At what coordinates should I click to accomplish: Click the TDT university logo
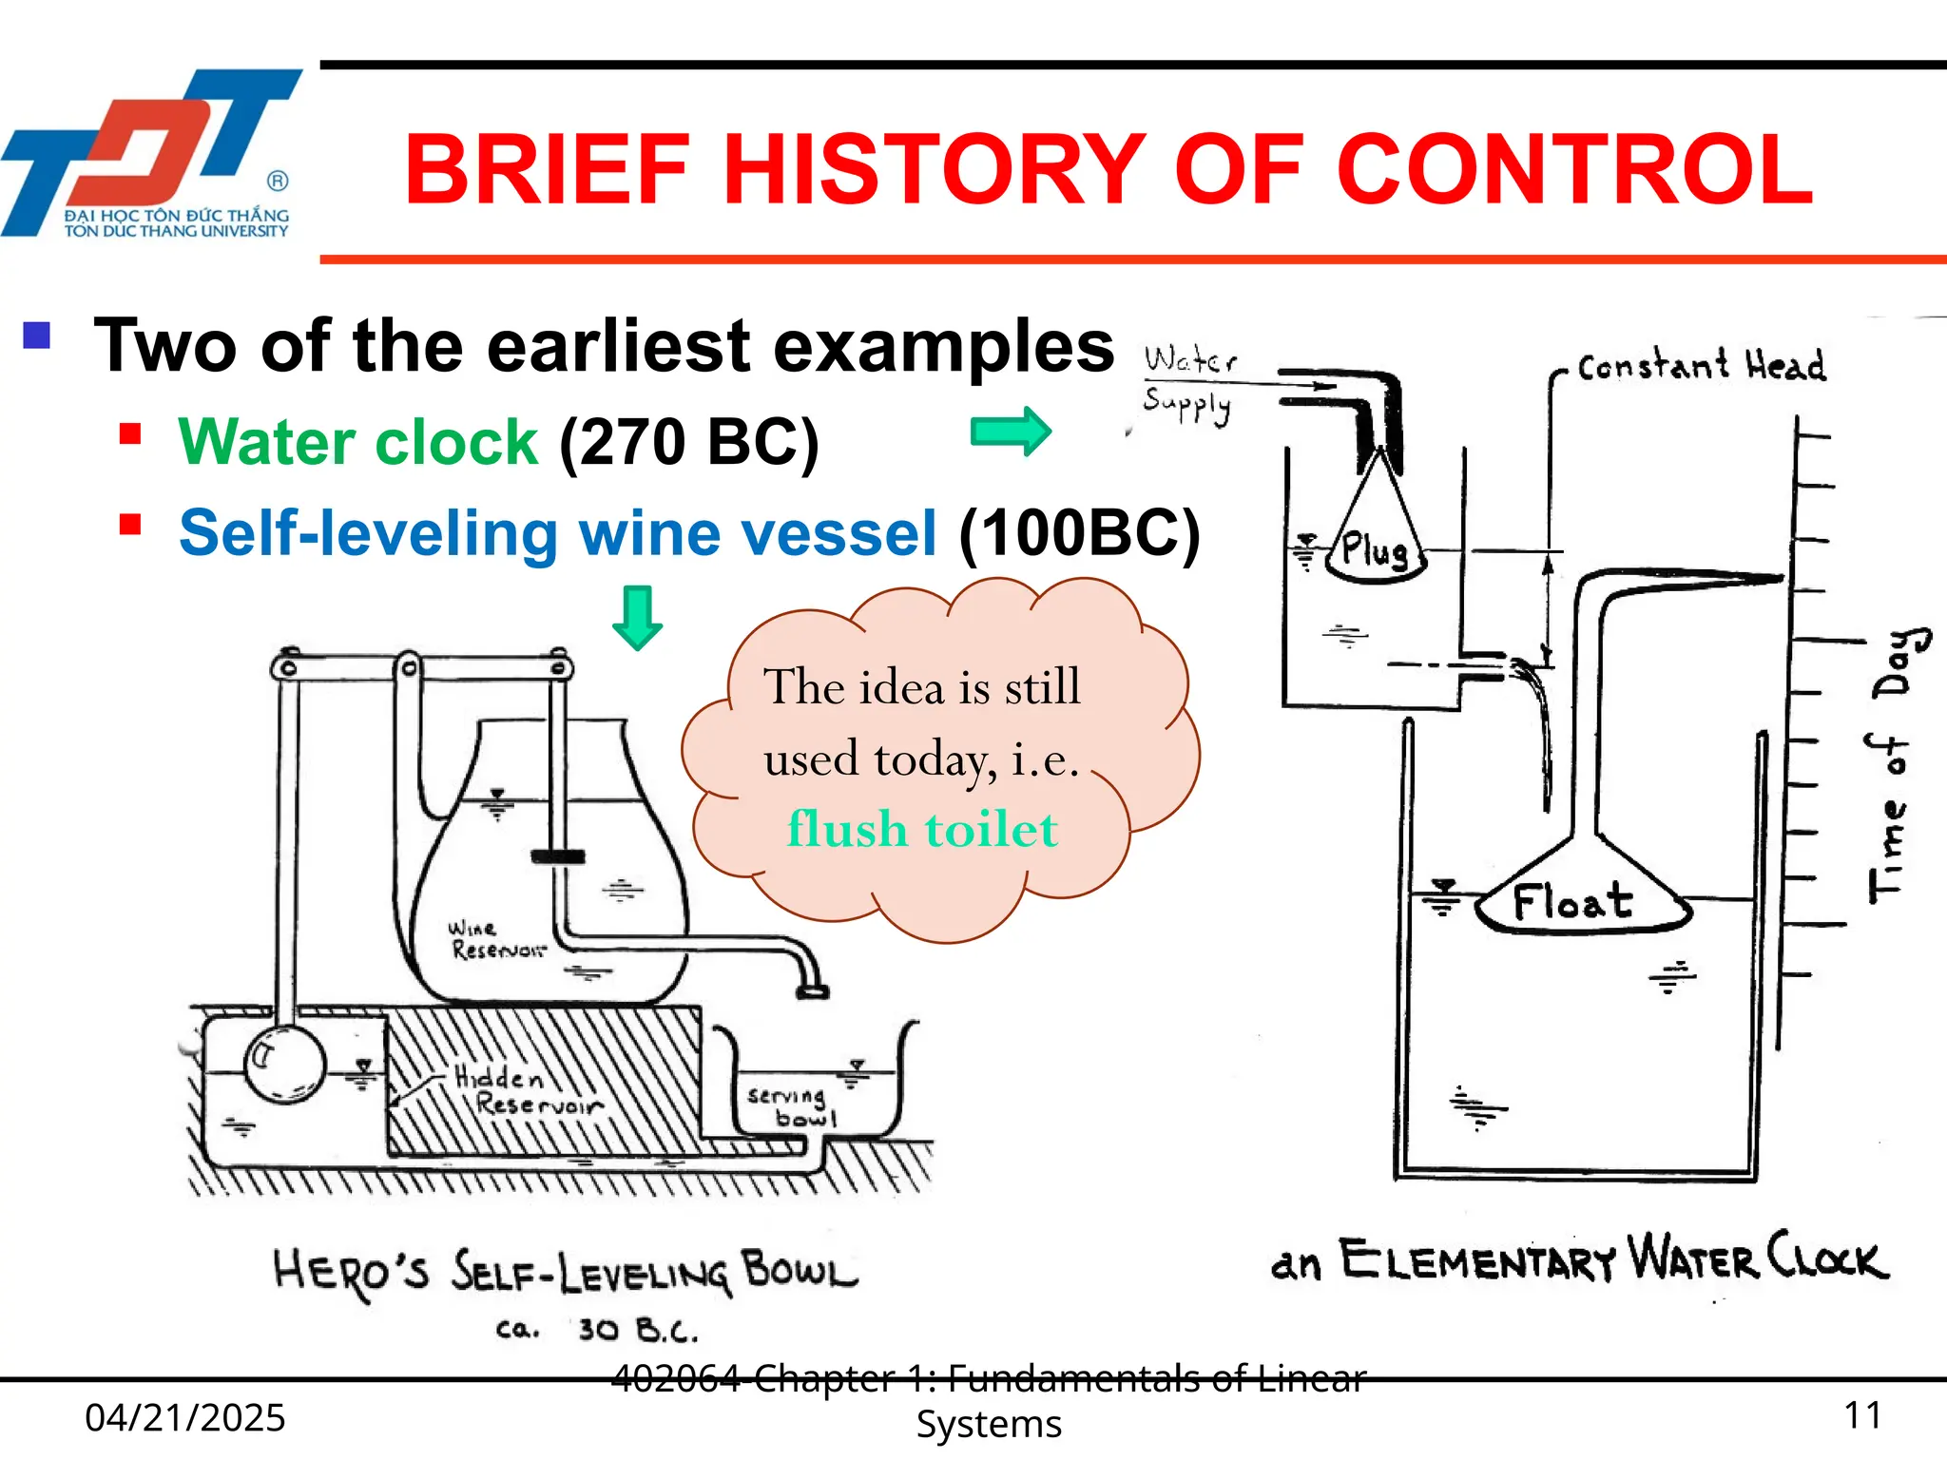(152, 152)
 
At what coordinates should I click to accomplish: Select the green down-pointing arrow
(637, 618)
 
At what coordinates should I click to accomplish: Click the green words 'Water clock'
(358, 442)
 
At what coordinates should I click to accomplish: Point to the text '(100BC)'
(1079, 533)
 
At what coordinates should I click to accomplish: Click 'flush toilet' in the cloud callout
(922, 829)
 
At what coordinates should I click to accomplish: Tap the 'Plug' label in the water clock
(1375, 550)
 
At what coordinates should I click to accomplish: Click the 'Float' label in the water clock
(1573, 901)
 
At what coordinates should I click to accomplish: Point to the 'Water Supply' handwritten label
(1188, 383)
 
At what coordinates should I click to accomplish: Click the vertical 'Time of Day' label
(1894, 765)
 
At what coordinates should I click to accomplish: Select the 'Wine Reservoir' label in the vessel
(496, 939)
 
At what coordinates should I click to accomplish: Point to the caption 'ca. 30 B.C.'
(597, 1329)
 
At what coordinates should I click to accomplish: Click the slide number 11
(1862, 1415)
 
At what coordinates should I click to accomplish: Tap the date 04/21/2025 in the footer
(185, 1417)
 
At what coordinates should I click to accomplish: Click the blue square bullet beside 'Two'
(37, 336)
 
